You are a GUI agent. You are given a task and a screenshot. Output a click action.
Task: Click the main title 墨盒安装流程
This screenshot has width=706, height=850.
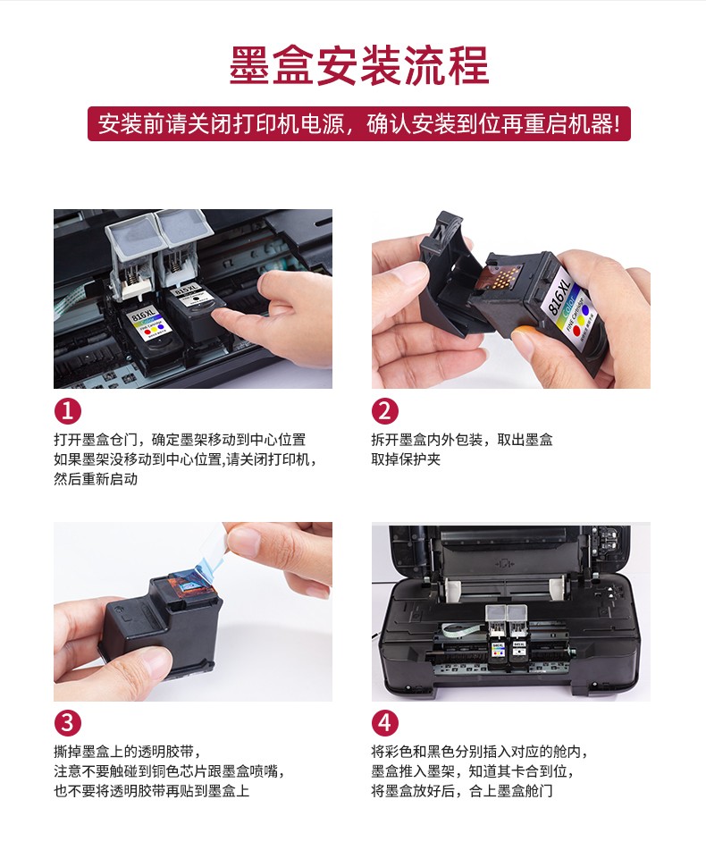[358, 65]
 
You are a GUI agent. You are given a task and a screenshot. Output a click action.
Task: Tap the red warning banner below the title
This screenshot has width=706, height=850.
[358, 124]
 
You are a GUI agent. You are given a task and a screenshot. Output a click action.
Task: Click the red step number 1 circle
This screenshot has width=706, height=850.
[67, 411]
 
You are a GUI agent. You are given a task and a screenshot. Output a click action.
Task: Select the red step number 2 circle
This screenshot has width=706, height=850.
[384, 411]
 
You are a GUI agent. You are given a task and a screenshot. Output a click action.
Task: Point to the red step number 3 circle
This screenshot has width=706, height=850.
[67, 722]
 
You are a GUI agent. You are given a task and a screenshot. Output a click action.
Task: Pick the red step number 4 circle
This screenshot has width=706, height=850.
[384, 722]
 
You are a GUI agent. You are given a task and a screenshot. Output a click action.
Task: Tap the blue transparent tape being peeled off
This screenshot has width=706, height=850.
[203, 564]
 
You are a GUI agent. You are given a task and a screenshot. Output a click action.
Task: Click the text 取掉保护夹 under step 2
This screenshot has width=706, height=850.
[406, 459]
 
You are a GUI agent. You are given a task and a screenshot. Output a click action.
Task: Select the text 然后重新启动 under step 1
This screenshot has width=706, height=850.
[96, 479]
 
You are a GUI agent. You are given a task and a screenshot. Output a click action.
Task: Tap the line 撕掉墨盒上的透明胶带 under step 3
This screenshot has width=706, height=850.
[127, 752]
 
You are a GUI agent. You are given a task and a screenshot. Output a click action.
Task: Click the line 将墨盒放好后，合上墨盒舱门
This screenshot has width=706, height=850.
[462, 790]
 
